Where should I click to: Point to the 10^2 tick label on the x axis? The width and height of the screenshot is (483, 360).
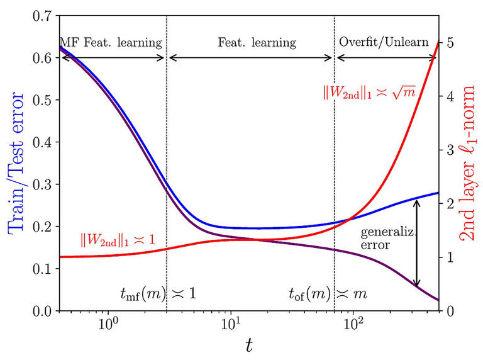pos(353,326)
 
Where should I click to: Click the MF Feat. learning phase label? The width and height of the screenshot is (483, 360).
pos(111,43)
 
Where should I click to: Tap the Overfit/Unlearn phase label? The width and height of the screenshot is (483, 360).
pos(386,43)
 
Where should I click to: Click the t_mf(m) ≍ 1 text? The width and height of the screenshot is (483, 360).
pos(158,293)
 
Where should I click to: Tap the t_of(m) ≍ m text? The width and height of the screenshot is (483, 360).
pos(327,293)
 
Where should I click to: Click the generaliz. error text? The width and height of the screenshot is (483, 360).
pos(384,239)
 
